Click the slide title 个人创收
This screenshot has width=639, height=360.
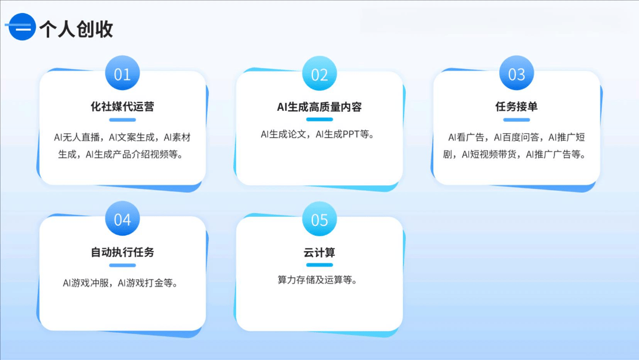pos(76,28)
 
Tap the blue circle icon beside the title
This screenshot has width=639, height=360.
pos(22,27)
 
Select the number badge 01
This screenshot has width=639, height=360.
pos(122,74)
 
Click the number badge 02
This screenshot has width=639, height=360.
pos(319,74)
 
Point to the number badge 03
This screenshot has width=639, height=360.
pos(517,74)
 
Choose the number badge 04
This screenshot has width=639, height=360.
pos(122,220)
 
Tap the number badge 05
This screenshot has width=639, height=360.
pos(319,220)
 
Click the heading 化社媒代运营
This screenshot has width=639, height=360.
pos(122,107)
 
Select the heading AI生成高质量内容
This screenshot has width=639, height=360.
pos(319,107)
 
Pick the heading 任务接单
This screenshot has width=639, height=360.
pos(517,107)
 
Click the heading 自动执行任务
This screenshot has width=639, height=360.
pos(122,252)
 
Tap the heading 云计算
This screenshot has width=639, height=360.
pos(319,252)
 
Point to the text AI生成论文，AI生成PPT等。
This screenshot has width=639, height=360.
pos(319,134)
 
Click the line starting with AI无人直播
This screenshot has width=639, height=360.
pos(122,138)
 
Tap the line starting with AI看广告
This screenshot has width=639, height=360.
pos(517,138)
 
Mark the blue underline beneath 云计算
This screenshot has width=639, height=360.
pos(319,265)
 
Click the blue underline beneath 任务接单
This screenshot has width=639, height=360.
pos(517,120)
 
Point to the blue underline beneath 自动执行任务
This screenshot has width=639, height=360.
pos(122,265)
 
